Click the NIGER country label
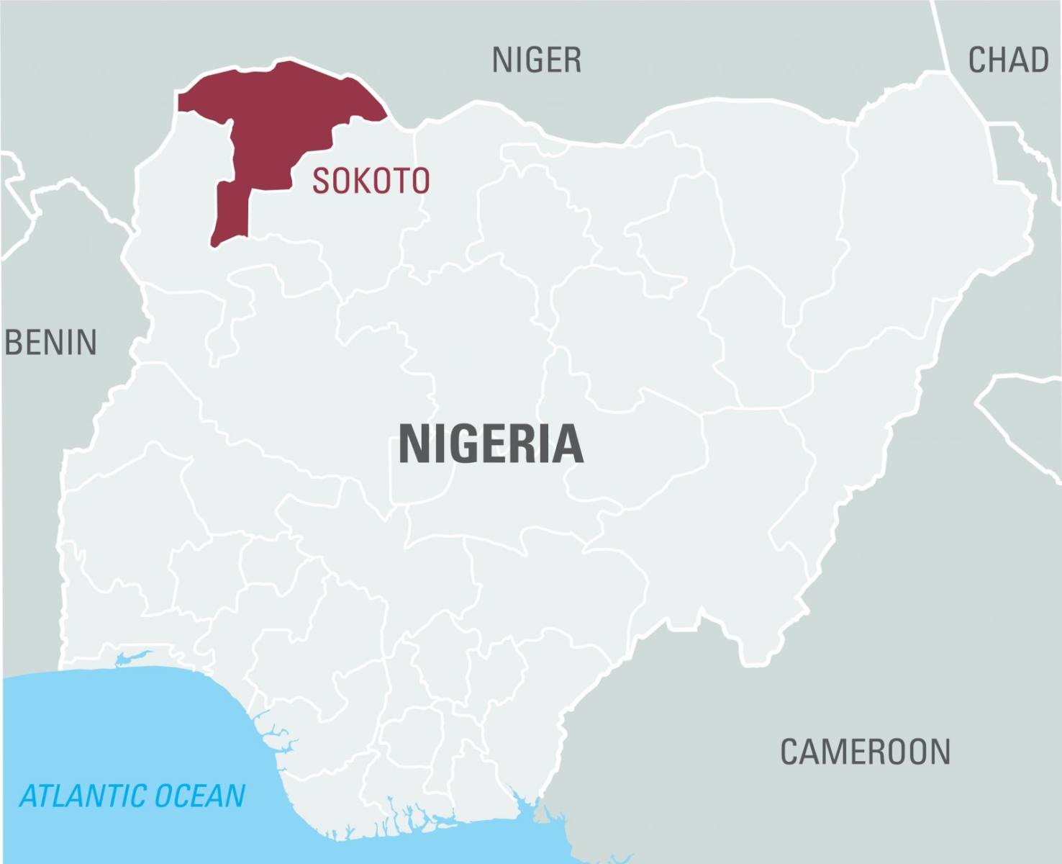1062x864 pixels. click(x=536, y=60)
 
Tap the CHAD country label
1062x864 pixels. click(x=1007, y=60)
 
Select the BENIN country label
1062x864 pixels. click(x=50, y=343)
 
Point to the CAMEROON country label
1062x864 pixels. click(x=865, y=752)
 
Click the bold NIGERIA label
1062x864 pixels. click(x=491, y=444)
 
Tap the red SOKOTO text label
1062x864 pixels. click(x=371, y=181)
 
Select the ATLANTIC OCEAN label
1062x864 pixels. click(x=132, y=796)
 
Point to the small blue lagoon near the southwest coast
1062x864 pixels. click(x=134, y=657)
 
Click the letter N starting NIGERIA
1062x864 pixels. click(x=414, y=444)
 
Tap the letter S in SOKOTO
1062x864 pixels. click(x=319, y=181)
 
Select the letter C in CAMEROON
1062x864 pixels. click(x=791, y=752)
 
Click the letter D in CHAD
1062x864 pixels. click(x=1038, y=60)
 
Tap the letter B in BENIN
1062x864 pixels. click(x=14, y=343)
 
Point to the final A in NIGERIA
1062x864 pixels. click(x=568, y=444)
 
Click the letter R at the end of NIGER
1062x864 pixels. click(x=573, y=60)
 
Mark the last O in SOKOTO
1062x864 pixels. click(x=419, y=181)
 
